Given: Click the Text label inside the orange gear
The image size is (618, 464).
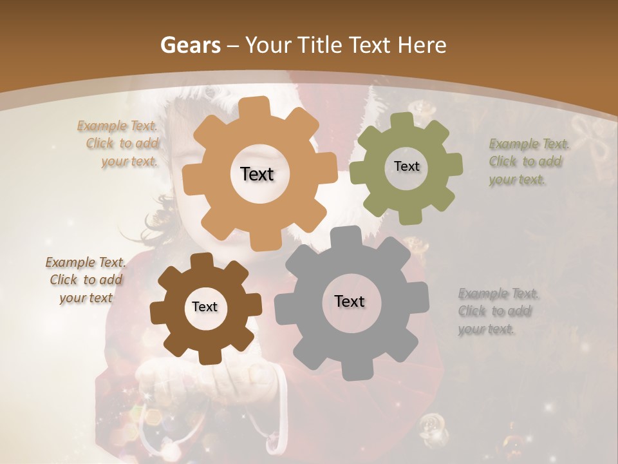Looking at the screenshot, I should pos(257,174).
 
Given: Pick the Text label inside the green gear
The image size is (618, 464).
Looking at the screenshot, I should pos(406,166).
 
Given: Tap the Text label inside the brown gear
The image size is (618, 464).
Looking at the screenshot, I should pos(205,307).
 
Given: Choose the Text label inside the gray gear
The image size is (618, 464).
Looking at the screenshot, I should pos(350,301).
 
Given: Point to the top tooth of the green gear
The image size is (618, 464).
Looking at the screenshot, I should pos(402,121).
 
